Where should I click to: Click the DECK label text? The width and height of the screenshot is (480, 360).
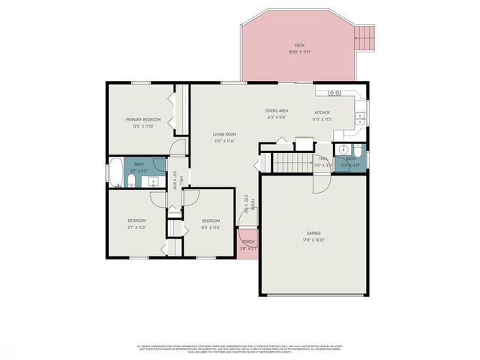[299, 44]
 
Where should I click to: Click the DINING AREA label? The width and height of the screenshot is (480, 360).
[277, 111]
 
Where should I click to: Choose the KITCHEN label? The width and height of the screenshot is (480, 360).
[321, 112]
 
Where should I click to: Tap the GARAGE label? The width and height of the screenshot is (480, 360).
[313, 233]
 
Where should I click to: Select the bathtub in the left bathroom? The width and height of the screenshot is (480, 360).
[115, 172]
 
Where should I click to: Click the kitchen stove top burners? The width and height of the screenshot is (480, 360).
[334, 92]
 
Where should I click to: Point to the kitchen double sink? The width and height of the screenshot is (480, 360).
[360, 117]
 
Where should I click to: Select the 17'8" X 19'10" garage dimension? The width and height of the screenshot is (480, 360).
[313, 241]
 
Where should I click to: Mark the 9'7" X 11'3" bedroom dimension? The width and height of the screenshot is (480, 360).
[136, 227]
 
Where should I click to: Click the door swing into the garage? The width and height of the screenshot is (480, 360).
[322, 183]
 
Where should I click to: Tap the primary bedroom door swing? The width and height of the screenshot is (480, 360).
[178, 147]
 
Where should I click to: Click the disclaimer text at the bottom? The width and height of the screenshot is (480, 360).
[240, 349]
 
